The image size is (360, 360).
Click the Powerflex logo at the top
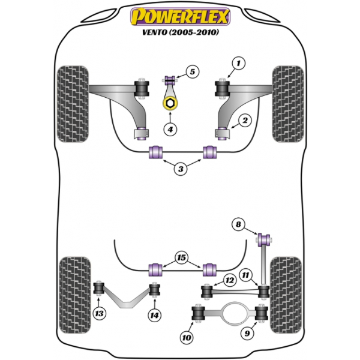(180, 16)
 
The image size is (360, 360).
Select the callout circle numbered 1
(239, 62)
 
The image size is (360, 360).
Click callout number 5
(191, 73)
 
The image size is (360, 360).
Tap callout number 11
(245, 275)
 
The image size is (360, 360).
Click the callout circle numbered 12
(229, 280)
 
